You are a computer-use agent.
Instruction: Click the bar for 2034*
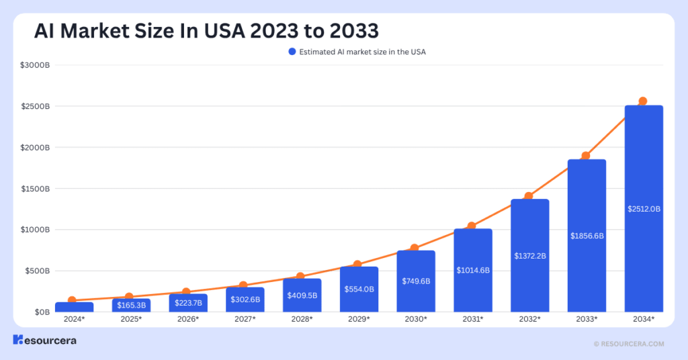pos(644,208)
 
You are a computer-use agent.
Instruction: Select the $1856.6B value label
pos(587,236)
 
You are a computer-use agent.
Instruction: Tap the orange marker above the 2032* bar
pos(529,196)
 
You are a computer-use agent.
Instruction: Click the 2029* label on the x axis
pos(359,318)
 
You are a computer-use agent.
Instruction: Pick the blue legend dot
pos(292,52)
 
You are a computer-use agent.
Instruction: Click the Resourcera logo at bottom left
pos(44,341)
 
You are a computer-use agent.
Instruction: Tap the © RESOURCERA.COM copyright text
pos(629,343)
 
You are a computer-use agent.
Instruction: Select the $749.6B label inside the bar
pos(416,281)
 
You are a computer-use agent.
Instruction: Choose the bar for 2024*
pos(74,307)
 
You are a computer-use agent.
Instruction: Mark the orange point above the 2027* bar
pos(243,285)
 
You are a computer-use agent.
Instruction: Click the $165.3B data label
pos(131,305)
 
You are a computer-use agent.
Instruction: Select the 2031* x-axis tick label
pos(472,318)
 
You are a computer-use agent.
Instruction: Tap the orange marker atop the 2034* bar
pos(642,101)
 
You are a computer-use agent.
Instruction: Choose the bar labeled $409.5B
pos(302,295)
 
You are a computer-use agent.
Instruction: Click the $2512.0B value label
pos(644,209)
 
